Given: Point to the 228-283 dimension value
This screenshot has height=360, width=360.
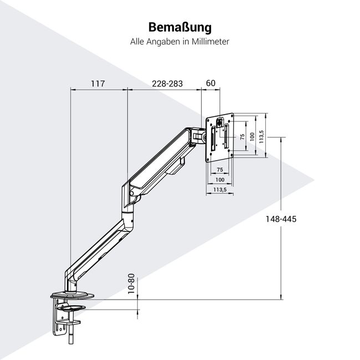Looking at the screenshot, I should [x=167, y=84].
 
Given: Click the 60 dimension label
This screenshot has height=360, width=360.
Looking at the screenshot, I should [x=210, y=84].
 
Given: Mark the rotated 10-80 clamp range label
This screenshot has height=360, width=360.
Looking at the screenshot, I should [x=131, y=285].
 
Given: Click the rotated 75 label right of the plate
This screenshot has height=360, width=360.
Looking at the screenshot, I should [x=242, y=137].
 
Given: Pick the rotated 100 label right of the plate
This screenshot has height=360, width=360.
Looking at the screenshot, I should [x=252, y=137].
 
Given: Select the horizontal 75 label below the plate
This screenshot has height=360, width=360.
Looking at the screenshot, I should [x=219, y=169].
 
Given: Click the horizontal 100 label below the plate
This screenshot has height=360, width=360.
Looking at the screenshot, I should [x=220, y=180].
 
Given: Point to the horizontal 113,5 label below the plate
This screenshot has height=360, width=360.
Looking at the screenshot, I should [x=220, y=190].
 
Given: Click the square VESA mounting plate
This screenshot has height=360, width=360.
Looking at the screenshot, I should [x=220, y=138].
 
